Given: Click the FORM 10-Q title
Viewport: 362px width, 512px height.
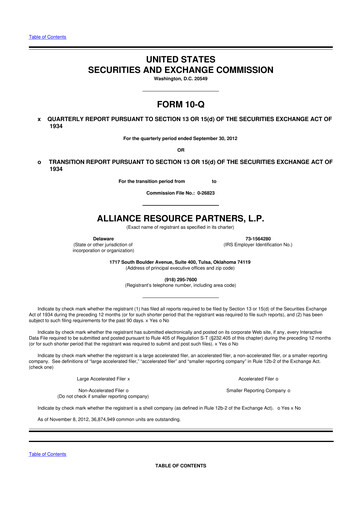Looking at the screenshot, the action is (180, 104).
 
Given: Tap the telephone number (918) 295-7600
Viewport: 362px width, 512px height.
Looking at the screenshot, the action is (180, 279).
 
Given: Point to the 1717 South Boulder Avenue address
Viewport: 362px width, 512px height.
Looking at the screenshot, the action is (180, 259).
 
